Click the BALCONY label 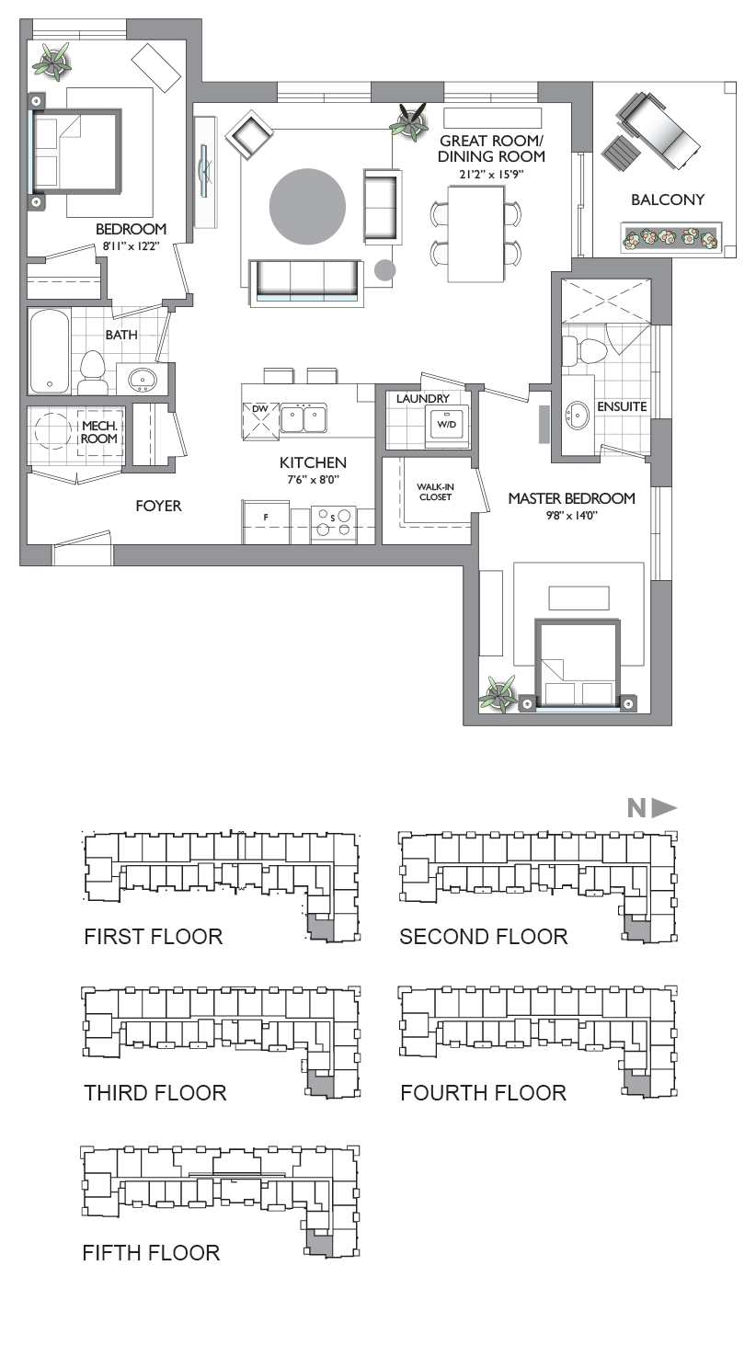(x=667, y=199)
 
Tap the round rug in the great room (x=307, y=206)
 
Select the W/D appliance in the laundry (x=447, y=424)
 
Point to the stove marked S (x=334, y=521)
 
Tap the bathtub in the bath (x=50, y=351)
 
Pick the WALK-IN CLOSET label (x=435, y=492)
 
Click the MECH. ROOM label (x=99, y=432)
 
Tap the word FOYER (x=158, y=507)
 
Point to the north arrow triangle (x=664, y=808)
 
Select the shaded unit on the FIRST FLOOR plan (x=321, y=929)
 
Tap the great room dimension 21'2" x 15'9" (x=491, y=175)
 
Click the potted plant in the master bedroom (x=498, y=694)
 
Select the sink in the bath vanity (x=143, y=379)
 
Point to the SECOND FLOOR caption (x=484, y=937)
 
